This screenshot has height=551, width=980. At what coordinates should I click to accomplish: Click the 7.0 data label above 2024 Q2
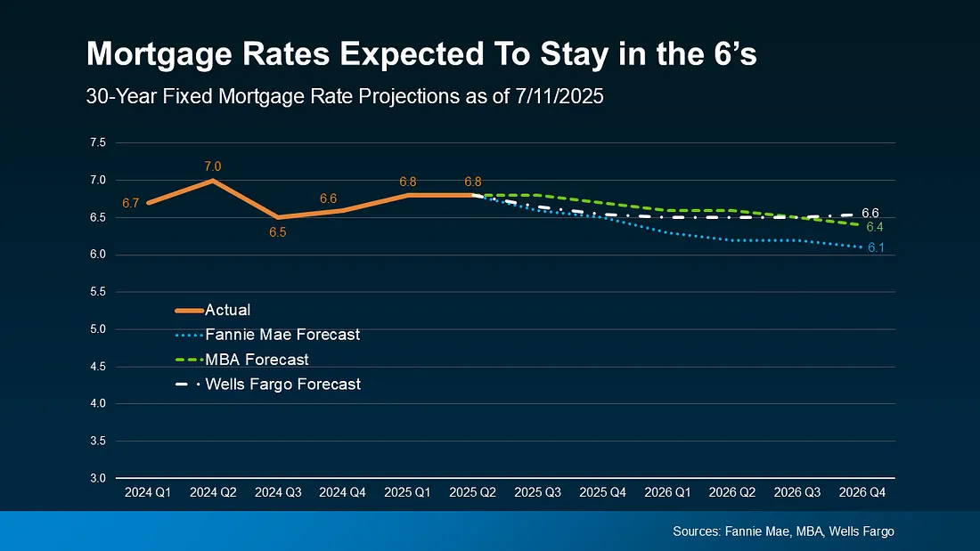click(x=212, y=166)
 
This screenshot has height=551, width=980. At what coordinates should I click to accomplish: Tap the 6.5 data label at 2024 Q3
click(x=277, y=232)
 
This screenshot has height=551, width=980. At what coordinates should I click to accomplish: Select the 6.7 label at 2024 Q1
click(x=130, y=204)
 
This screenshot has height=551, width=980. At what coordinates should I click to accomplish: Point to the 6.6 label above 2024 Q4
click(x=328, y=198)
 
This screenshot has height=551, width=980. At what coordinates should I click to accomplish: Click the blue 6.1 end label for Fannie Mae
click(x=875, y=247)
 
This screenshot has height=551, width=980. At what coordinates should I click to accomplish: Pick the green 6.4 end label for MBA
click(x=875, y=228)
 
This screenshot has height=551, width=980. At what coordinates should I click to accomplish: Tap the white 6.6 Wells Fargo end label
click(x=870, y=213)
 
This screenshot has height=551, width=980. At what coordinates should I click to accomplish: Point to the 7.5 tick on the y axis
click(x=98, y=142)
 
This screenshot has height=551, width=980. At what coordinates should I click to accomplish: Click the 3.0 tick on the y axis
click(x=98, y=478)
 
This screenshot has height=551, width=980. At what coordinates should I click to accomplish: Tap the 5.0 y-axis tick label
click(x=98, y=329)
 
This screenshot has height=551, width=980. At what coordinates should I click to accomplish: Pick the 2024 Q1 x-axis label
click(x=147, y=491)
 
